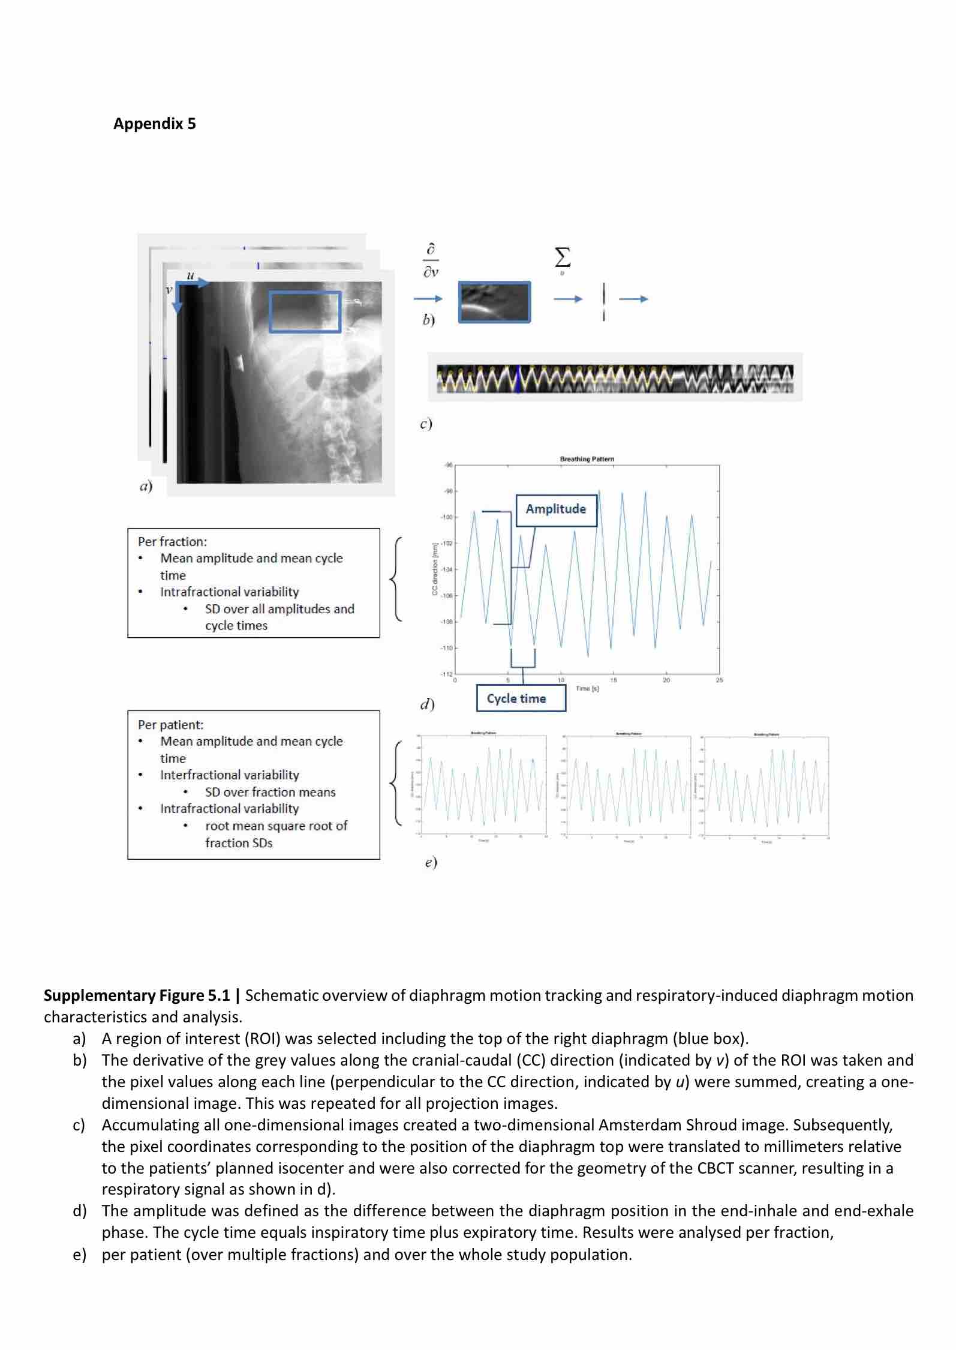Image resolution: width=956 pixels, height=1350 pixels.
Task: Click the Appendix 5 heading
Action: click(154, 124)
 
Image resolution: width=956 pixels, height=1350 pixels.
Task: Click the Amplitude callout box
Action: click(556, 509)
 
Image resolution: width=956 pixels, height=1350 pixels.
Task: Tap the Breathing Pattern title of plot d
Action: click(587, 459)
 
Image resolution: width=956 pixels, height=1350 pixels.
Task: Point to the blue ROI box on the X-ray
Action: click(305, 312)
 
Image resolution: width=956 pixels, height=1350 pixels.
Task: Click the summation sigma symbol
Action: click(562, 258)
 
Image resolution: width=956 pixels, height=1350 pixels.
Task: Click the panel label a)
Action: click(146, 486)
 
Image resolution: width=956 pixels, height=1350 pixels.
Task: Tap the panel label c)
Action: click(426, 424)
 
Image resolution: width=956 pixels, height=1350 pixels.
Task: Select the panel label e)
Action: click(431, 862)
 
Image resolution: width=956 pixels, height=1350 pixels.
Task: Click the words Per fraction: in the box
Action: click(172, 541)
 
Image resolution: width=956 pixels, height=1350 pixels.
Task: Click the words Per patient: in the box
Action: click(170, 724)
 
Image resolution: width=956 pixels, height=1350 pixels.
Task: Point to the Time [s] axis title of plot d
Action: click(587, 688)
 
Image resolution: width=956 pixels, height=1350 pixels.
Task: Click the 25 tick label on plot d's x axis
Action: click(719, 680)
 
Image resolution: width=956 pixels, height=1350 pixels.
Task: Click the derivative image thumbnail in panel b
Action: click(494, 302)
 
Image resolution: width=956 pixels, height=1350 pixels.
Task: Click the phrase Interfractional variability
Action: click(229, 775)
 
